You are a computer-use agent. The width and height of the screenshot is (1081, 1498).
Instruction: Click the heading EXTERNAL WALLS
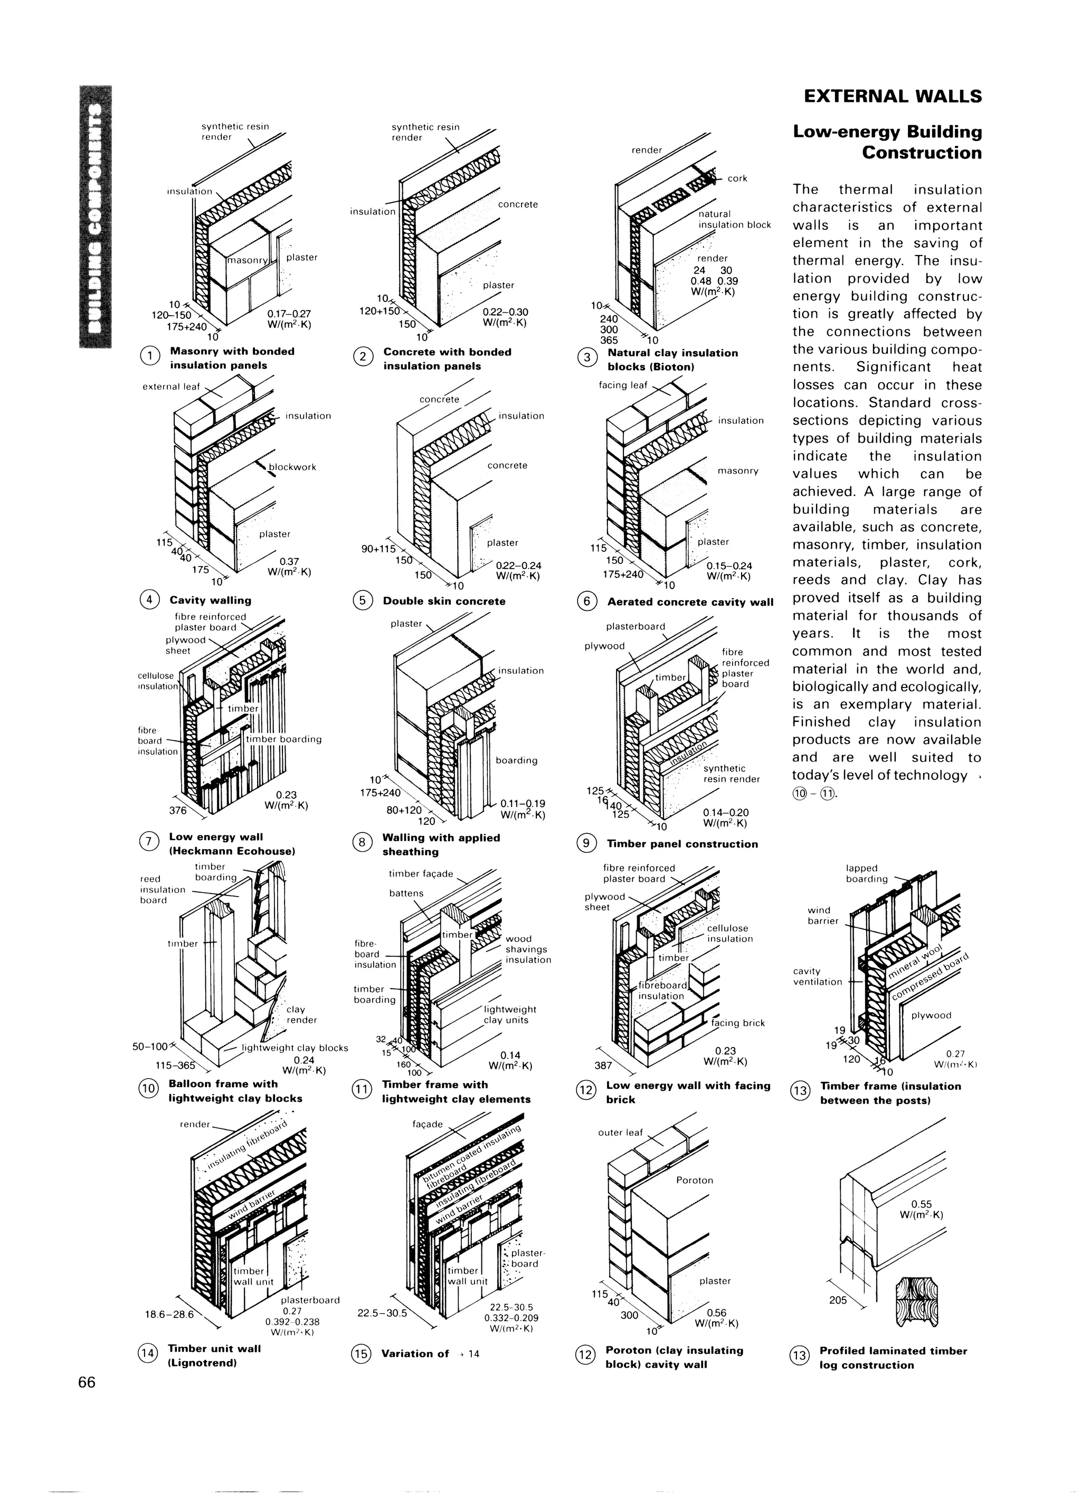(x=893, y=97)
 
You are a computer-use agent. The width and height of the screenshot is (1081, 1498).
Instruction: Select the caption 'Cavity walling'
(x=210, y=600)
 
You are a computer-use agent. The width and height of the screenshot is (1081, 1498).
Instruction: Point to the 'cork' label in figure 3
(x=737, y=178)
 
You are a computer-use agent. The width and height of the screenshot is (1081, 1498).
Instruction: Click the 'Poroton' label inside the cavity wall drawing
(x=695, y=1180)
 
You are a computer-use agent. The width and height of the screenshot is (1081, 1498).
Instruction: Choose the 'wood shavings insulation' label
(x=528, y=949)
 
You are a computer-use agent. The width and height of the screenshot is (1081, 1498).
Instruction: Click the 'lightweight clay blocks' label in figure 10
(x=295, y=1048)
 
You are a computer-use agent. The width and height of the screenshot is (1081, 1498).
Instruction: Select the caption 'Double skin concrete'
(x=444, y=601)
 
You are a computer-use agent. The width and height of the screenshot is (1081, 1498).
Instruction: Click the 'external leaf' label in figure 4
(x=171, y=387)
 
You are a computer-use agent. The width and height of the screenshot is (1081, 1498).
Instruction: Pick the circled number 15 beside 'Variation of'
(x=361, y=1354)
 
